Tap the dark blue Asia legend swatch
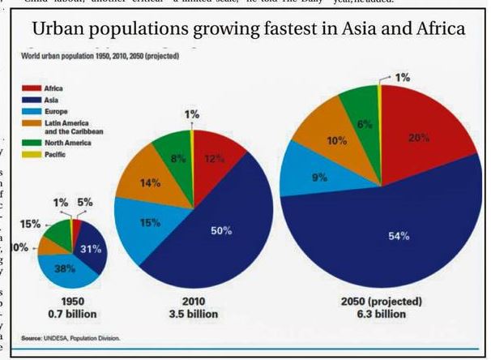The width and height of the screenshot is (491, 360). coord(32,97)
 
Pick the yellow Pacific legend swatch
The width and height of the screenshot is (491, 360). coord(32,152)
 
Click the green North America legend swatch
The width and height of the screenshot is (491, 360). coord(32,141)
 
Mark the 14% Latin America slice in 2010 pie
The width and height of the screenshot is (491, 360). coord(151,182)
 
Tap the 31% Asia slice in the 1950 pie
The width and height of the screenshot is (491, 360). coord(91,249)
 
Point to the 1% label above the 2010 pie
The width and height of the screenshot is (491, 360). coord(191,115)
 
